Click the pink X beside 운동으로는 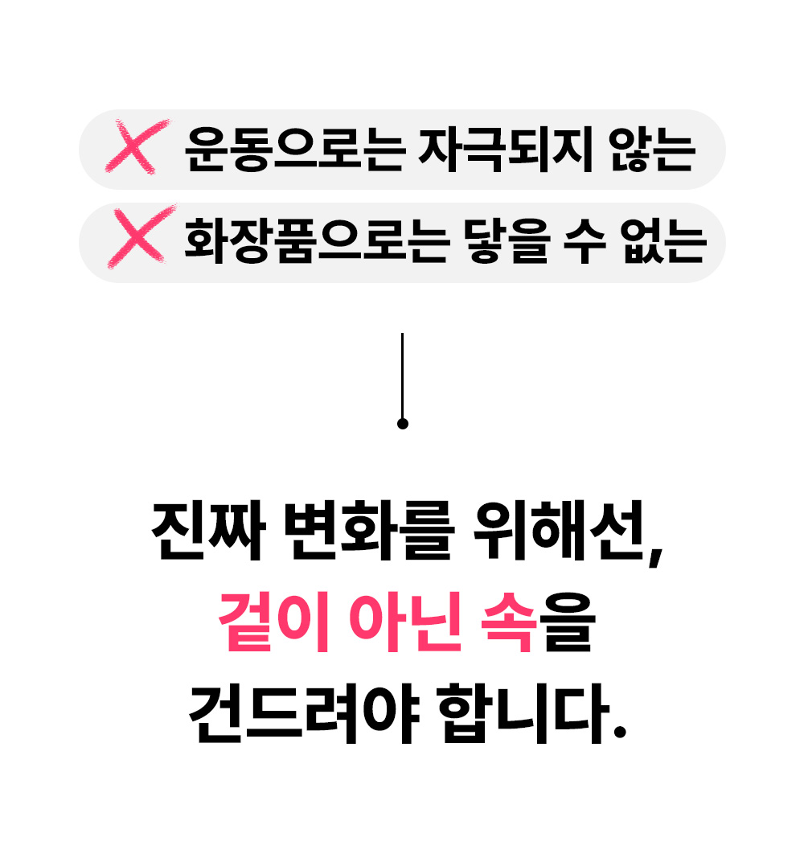(137, 147)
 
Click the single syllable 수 (585, 241)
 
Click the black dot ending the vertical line (403, 424)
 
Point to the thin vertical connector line (402, 374)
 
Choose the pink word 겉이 (273, 623)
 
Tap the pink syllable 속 (507, 623)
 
